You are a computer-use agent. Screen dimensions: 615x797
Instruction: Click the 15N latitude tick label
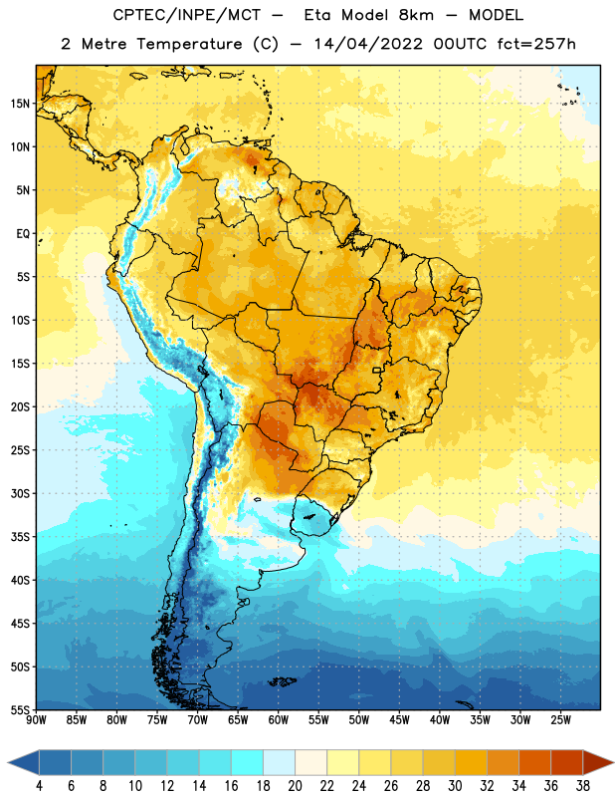[20, 104]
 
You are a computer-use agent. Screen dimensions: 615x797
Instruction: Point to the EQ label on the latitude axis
[23, 234]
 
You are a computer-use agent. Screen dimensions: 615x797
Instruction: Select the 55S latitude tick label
[20, 710]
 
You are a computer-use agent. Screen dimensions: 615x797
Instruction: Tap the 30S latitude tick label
[20, 493]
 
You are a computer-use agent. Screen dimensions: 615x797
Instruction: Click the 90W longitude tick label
[36, 720]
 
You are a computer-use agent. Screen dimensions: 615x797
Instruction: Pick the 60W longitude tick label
[279, 720]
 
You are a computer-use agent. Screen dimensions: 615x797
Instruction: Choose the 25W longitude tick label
[560, 720]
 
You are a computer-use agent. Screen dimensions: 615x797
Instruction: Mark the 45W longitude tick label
[399, 720]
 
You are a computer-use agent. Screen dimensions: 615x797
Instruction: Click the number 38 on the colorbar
[583, 786]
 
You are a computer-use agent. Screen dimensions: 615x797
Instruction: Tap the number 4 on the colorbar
[39, 786]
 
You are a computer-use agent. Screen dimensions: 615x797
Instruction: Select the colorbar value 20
[295, 786]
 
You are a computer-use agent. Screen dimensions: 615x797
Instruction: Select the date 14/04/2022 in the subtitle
[368, 44]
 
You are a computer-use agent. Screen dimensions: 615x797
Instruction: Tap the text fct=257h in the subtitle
[536, 44]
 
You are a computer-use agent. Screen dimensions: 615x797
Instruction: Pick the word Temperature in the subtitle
[189, 44]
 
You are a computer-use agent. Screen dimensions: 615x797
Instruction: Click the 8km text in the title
[416, 15]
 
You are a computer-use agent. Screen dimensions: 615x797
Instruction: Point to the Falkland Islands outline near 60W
[282, 681]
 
